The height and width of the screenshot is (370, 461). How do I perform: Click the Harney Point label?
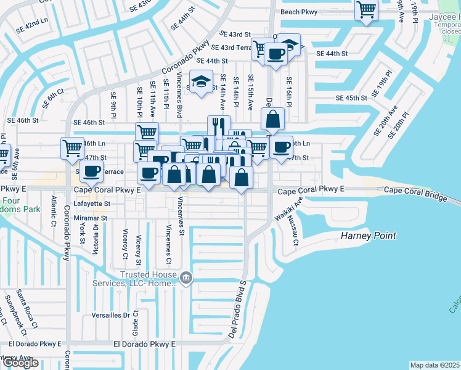369,236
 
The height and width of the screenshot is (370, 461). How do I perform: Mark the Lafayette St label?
92,203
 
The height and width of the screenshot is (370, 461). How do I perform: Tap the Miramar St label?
91,218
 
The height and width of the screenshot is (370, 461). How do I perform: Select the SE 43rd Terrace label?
231,47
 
